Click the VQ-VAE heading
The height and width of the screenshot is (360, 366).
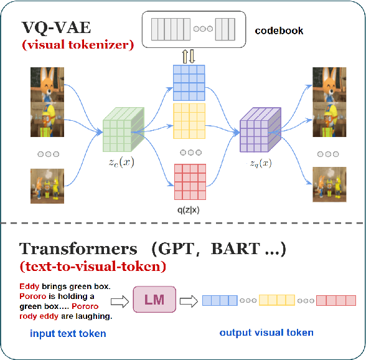click(x=57, y=28)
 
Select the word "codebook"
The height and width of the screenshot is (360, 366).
click(x=279, y=30)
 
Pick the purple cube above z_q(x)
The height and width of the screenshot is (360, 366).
click(x=258, y=130)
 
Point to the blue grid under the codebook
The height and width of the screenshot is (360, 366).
click(x=189, y=80)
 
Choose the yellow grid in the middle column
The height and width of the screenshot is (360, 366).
click(x=189, y=121)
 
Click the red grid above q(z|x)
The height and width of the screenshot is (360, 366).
click(x=189, y=180)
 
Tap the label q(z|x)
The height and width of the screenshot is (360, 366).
click(x=189, y=211)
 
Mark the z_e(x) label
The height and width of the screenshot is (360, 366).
click(x=121, y=163)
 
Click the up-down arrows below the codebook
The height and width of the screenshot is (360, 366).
click(x=188, y=55)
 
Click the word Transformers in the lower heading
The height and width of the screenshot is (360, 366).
click(x=78, y=249)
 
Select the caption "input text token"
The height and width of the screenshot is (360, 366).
click(x=68, y=334)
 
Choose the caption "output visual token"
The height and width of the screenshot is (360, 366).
click(x=266, y=333)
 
